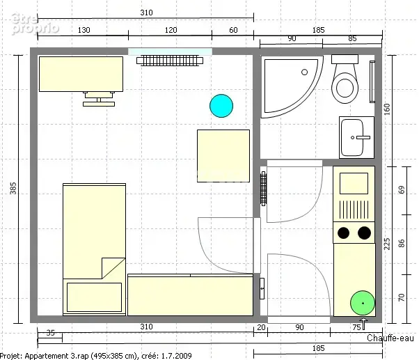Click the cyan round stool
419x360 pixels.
[x=221, y=106]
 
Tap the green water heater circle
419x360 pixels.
[x=363, y=303]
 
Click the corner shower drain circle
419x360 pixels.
[x=304, y=72]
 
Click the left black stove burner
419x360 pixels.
[x=343, y=233]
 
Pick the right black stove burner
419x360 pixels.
[x=364, y=233]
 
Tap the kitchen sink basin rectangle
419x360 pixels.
[x=354, y=183]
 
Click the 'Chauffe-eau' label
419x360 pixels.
[x=390, y=338]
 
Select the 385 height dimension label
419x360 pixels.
[x=13, y=188]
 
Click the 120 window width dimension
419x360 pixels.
[x=171, y=30]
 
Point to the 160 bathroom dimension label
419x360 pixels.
[x=387, y=109]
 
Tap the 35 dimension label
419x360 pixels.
[x=51, y=333]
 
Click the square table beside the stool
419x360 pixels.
[x=223, y=156]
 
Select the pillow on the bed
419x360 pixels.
[x=95, y=297]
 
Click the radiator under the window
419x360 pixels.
[x=170, y=61]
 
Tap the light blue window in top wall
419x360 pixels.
[x=171, y=52]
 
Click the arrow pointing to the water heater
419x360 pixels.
[x=364, y=324]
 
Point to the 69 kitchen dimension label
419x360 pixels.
[x=402, y=190]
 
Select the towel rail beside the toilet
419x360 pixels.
[x=372, y=81]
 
